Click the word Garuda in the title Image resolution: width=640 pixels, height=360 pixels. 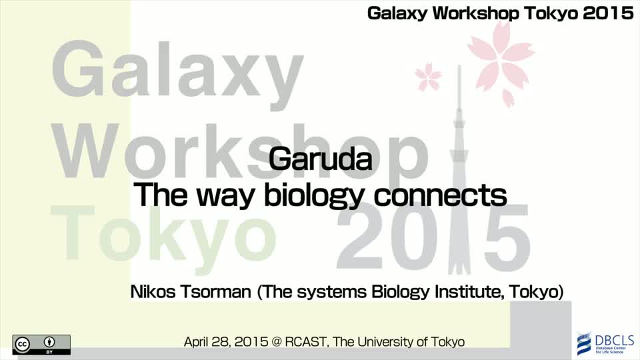pos(320,159)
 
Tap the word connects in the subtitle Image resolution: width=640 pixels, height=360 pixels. pos(440,195)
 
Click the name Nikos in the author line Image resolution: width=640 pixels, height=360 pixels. pos(153,292)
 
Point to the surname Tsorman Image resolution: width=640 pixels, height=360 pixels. pos(215,292)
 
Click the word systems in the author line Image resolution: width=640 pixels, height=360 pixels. pos(332,293)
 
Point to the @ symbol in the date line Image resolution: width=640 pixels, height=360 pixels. pos(276,342)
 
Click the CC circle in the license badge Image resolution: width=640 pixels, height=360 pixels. pos(22,345)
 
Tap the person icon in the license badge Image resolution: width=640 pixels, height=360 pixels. pos(49,342)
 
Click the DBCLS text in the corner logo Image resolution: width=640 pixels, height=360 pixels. pos(614,340)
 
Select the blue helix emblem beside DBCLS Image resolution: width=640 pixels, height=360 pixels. pos(585,343)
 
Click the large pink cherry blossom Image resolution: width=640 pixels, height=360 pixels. pos(501,61)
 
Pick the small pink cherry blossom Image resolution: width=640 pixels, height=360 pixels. pos(428,77)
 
